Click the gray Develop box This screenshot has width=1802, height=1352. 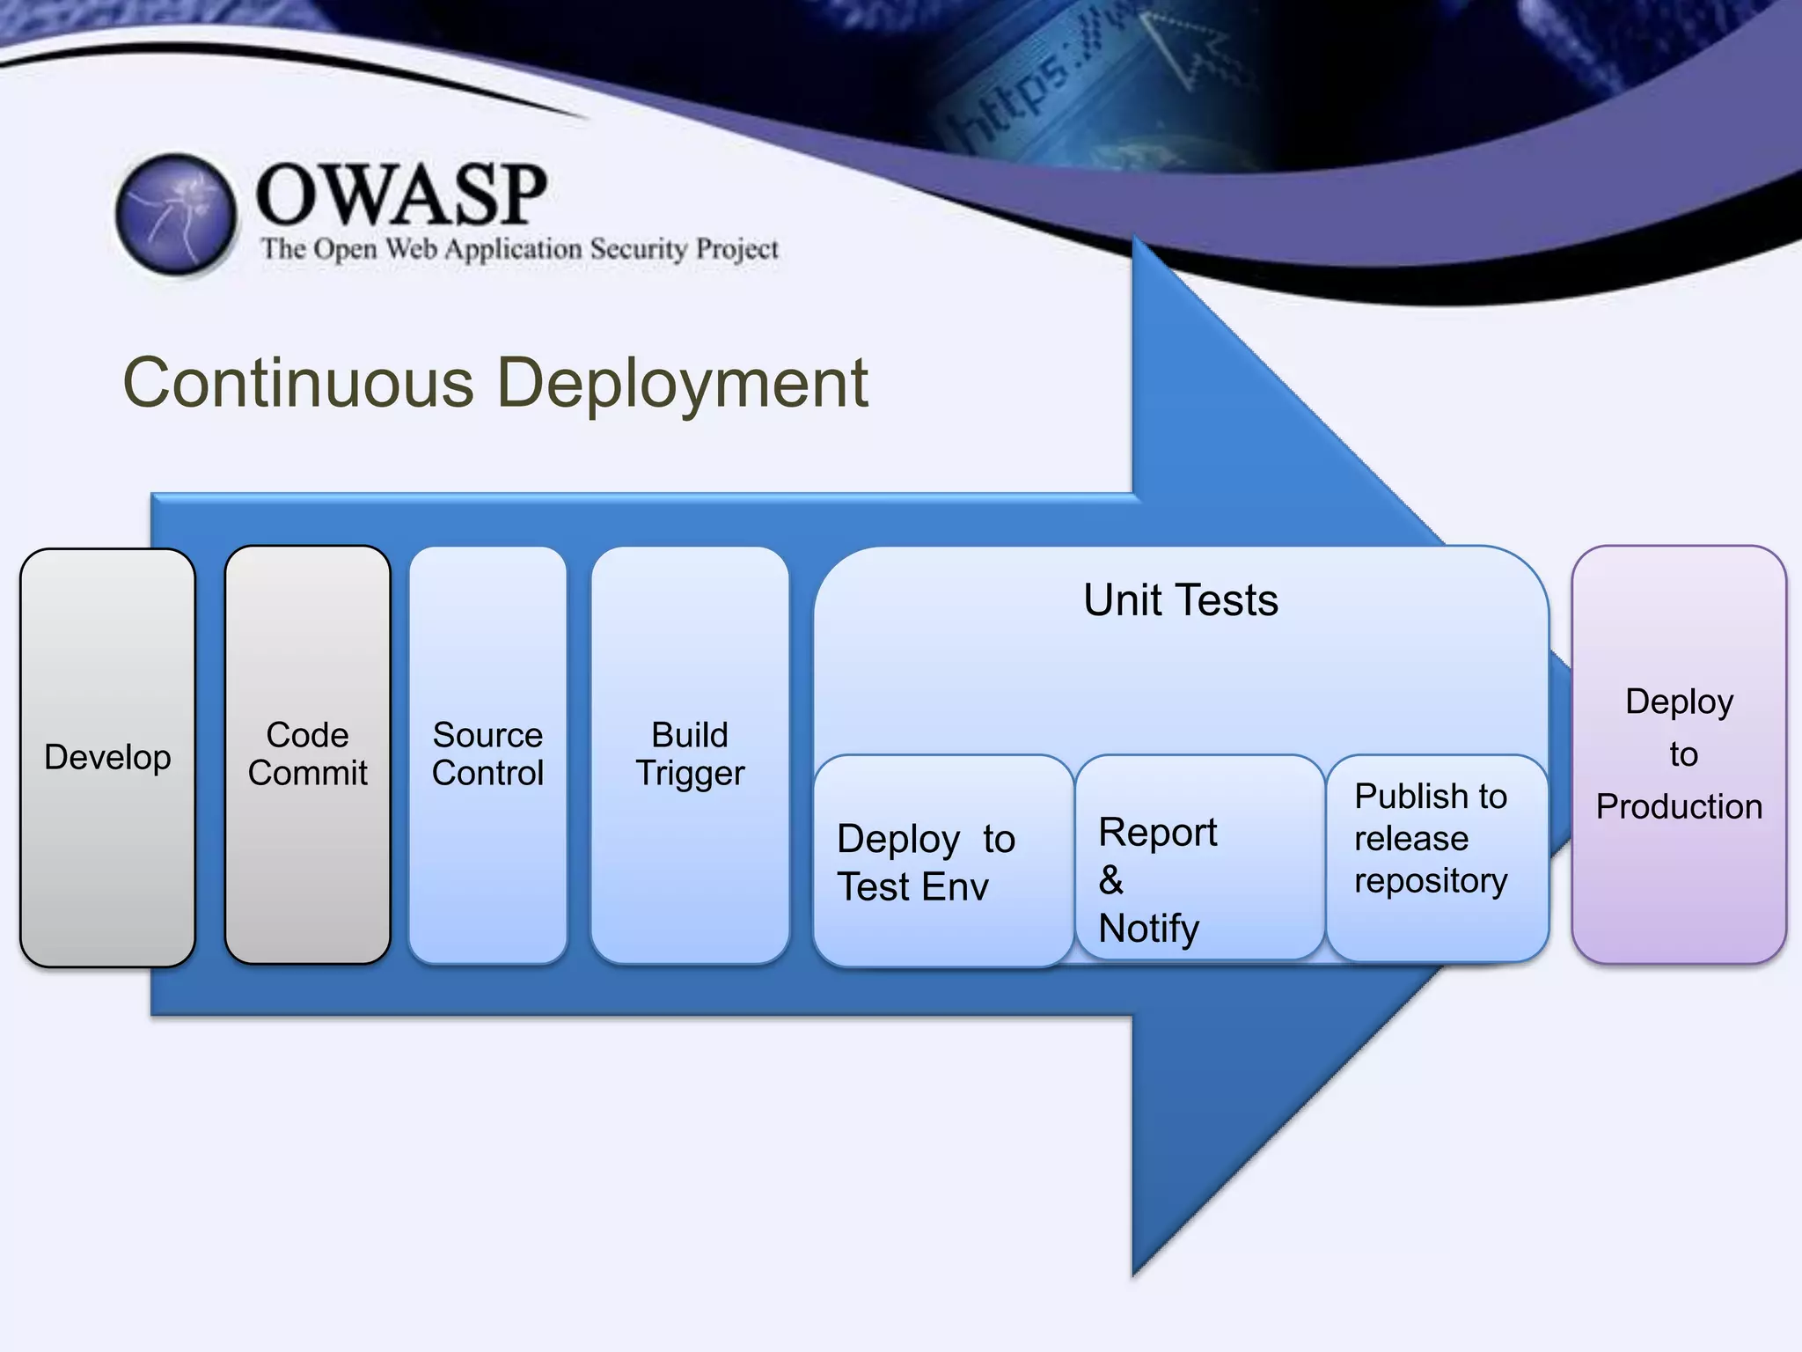pos(107,757)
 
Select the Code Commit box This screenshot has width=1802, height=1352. pos(307,754)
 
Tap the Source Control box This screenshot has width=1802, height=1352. pos(487,754)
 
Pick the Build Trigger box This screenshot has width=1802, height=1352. pos(690,754)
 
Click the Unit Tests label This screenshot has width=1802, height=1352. pos(1180,600)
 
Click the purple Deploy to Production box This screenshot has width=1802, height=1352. pos(1679,754)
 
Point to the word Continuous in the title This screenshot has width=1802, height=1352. pos(299,384)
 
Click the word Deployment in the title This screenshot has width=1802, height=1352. pos(683,384)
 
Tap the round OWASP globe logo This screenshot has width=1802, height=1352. pos(176,214)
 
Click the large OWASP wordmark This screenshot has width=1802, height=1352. pos(401,195)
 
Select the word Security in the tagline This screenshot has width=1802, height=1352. pos(639,249)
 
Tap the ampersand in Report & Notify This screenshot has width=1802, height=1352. pos(1111,879)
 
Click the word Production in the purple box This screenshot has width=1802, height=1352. pos(1679,806)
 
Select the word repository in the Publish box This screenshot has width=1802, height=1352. pos(1431,880)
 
